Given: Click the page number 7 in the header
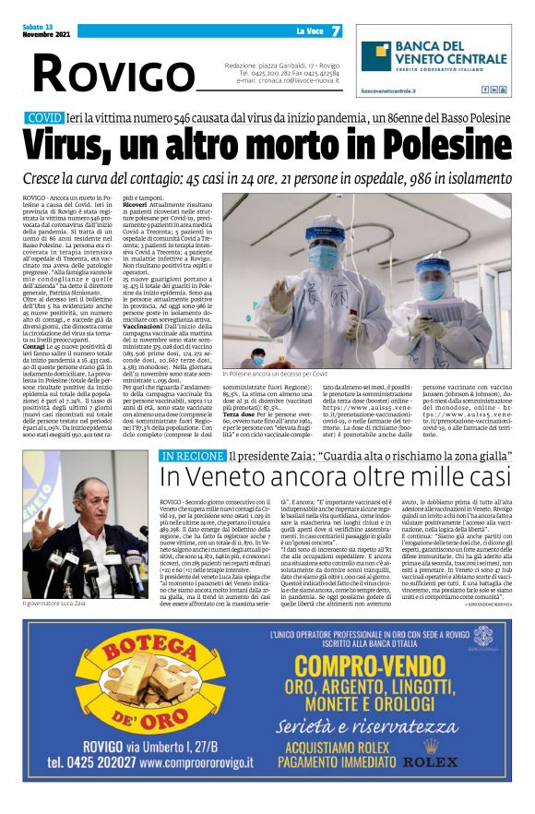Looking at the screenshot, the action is click(336, 31).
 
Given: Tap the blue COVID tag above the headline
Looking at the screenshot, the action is click(45, 119).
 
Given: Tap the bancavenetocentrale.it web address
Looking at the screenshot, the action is click(386, 90).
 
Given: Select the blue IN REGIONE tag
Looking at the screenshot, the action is click(192, 456).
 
